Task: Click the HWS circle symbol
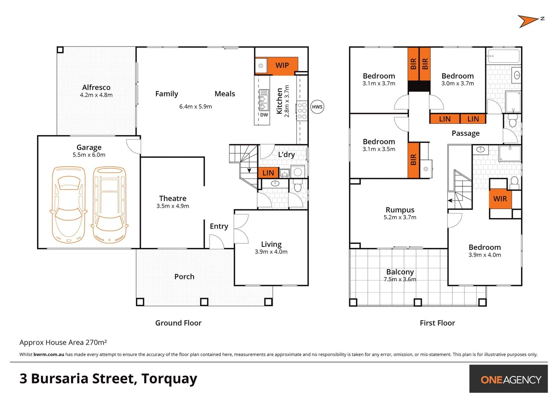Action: (317, 107)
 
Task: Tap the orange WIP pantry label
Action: (282, 65)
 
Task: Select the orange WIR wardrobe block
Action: (500, 199)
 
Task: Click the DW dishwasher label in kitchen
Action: (264, 115)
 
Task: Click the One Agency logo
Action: (510, 380)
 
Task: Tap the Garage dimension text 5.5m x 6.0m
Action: (89, 155)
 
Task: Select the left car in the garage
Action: (69, 205)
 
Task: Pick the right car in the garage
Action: (109, 205)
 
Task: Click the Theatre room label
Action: (173, 198)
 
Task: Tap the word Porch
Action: (184, 276)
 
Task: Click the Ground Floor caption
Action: (178, 323)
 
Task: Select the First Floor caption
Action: (437, 323)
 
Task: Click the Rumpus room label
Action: (400, 210)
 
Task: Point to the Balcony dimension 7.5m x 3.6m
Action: (400, 279)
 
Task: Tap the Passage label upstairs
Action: (465, 133)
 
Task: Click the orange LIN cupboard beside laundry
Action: (268, 173)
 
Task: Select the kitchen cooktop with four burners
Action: (302, 111)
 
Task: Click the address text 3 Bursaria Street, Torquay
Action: (108, 379)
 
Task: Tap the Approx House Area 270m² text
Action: (63, 342)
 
